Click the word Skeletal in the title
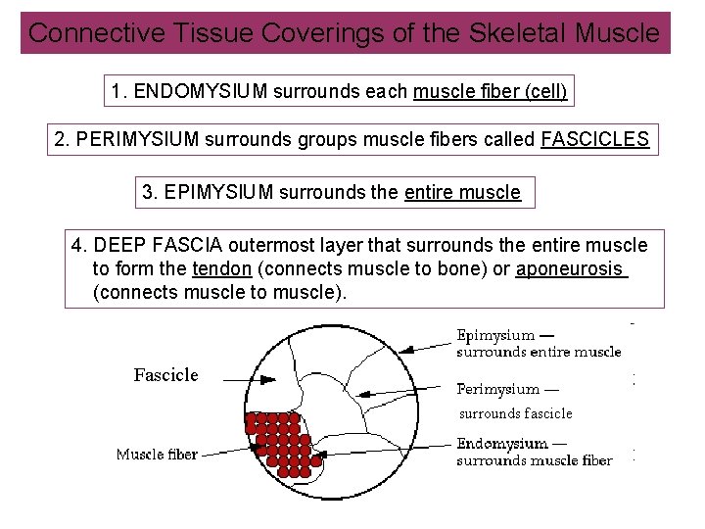click(518, 33)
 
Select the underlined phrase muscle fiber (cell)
click(491, 92)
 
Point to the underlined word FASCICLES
click(594, 139)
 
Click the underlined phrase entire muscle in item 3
click(462, 192)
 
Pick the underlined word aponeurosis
click(570, 269)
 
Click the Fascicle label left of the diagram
click(165, 375)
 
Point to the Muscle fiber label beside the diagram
click(157, 454)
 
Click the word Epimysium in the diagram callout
click(495, 336)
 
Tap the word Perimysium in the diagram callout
click(498, 390)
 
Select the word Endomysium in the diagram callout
click(500, 444)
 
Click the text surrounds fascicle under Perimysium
click(516, 413)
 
